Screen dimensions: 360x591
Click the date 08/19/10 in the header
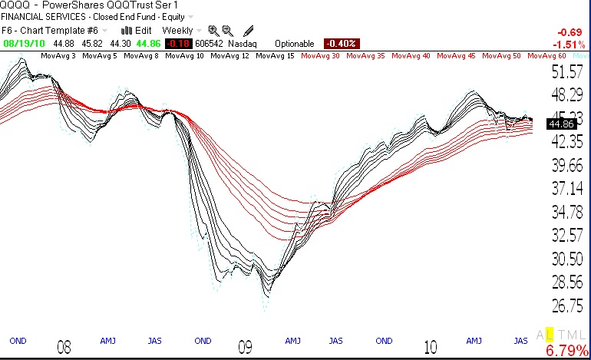pyautogui.click(x=23, y=44)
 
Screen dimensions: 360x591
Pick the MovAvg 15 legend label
pyautogui.click(x=276, y=56)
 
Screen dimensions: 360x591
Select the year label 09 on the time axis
pyautogui.click(x=246, y=348)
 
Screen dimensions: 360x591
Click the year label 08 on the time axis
pyautogui.click(x=65, y=348)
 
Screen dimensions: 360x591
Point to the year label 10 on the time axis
pyautogui.click(x=431, y=348)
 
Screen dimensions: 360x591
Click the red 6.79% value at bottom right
pyautogui.click(x=566, y=352)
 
